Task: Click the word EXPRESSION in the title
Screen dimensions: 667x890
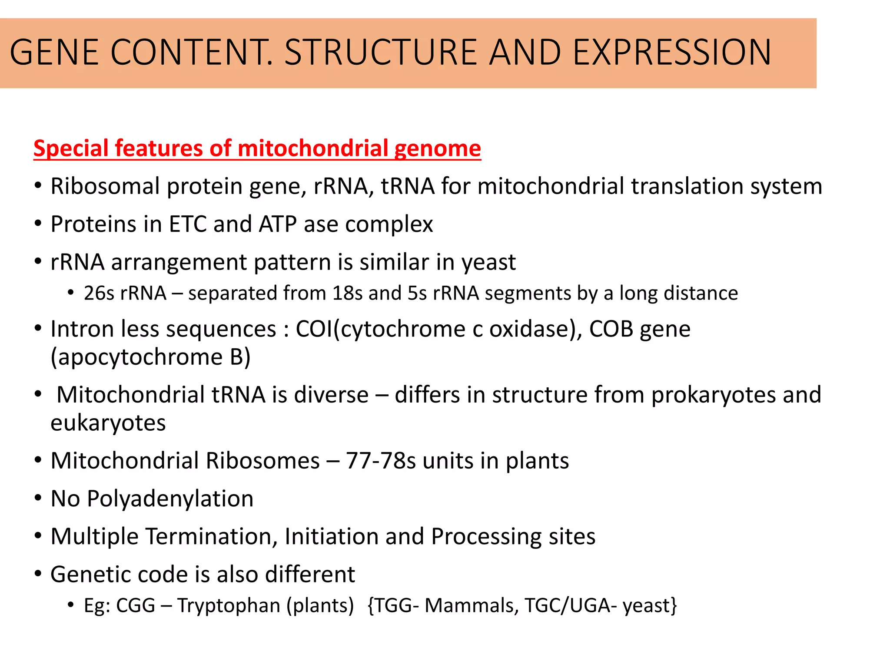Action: point(672,53)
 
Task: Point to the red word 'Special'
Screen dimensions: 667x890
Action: point(71,149)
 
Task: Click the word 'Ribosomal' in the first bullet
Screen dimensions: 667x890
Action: point(105,186)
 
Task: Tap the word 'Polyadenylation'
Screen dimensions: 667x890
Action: point(170,499)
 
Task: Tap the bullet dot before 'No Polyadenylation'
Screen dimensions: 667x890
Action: point(38,498)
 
